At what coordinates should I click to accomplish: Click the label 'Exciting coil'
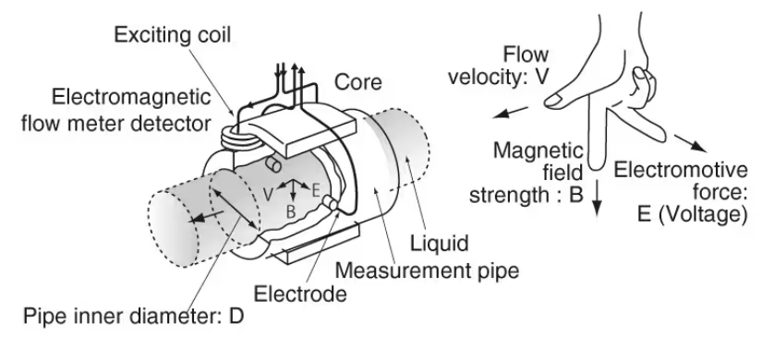point(173,35)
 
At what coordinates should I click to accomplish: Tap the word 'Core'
point(358,82)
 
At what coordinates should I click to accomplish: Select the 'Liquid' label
point(440,243)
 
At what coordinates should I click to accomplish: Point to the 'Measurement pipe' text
point(427,270)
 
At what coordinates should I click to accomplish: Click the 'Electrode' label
point(300,294)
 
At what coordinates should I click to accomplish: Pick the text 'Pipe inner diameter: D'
point(134,317)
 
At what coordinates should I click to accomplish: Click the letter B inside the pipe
point(291,211)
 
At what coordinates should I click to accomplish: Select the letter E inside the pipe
point(315,190)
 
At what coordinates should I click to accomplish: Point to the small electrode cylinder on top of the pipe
point(272,165)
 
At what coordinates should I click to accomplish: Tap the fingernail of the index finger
point(553,101)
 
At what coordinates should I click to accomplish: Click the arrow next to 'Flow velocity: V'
point(510,113)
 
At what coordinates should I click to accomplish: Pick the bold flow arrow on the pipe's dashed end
point(207,216)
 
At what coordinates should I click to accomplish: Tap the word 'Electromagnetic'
point(131,97)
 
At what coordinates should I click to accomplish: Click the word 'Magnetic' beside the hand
point(538,150)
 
